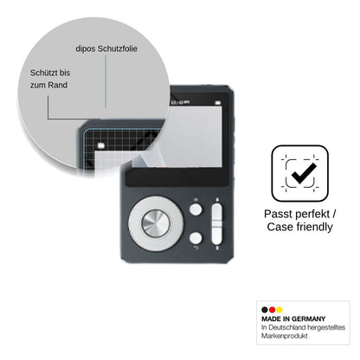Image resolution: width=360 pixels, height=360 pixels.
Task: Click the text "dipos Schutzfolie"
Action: tap(106, 48)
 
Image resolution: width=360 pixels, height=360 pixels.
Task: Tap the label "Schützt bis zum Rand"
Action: tap(50, 79)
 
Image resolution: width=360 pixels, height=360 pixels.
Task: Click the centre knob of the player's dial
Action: tap(156, 223)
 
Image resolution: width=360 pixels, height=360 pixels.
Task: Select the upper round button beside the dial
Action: tap(196, 209)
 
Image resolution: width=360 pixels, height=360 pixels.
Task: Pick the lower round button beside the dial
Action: tap(196, 238)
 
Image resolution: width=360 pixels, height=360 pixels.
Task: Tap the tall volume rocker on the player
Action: tap(217, 223)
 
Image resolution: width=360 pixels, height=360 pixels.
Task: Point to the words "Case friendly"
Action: tap(299, 227)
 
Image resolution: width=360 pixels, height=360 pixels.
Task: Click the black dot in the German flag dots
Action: tap(265, 310)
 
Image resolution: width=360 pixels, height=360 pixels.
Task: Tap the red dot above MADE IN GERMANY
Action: tap(272, 310)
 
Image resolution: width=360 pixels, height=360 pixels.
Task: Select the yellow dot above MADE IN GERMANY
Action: tap(280, 310)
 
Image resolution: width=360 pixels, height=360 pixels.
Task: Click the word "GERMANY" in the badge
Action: tap(308, 318)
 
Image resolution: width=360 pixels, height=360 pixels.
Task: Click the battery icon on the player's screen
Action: tap(218, 103)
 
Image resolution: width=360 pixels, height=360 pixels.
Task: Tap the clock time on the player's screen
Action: tap(180, 102)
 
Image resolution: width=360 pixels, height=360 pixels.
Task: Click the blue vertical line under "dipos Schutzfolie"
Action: tap(106, 81)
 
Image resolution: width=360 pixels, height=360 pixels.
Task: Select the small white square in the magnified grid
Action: tap(100, 145)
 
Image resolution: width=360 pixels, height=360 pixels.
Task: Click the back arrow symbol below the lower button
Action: tap(196, 247)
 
